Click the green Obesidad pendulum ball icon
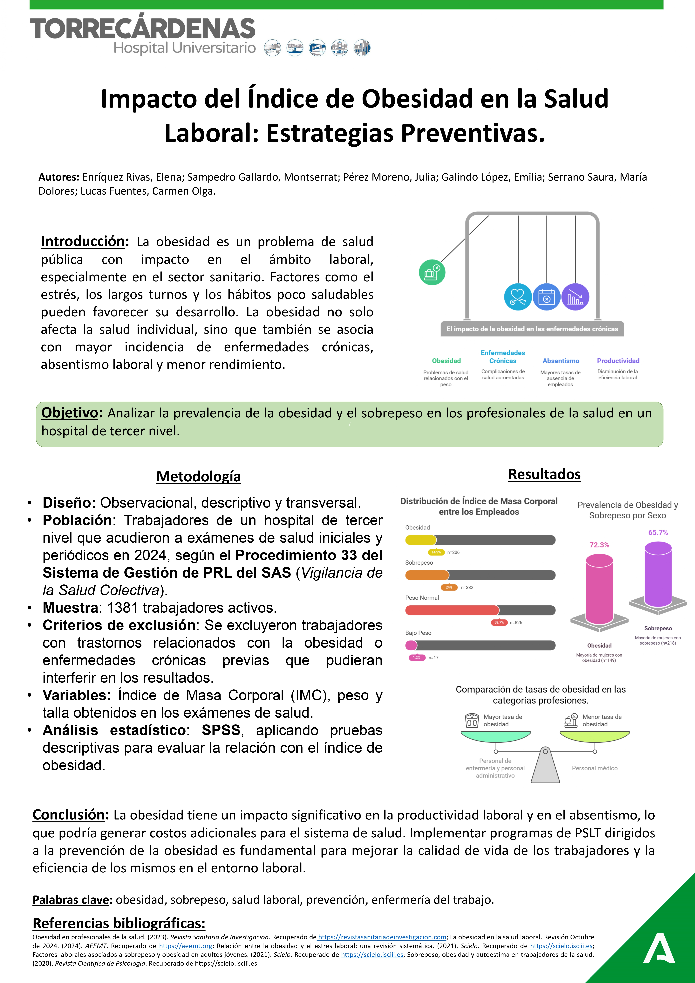click(x=432, y=272)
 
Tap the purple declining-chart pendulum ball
click(x=575, y=297)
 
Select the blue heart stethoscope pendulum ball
click(x=518, y=297)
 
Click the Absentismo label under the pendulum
click(x=561, y=361)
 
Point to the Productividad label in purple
click(x=618, y=361)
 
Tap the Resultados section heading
click(x=544, y=474)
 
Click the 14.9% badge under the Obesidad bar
click(x=436, y=552)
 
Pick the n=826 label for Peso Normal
click(x=516, y=623)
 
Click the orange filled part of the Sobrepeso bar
click(x=427, y=575)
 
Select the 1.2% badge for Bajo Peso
click(x=416, y=658)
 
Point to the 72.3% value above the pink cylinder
click(x=599, y=545)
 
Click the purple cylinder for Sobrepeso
click(x=658, y=574)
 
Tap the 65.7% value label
click(x=658, y=533)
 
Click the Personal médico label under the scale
click(x=594, y=768)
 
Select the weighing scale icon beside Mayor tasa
click(x=472, y=720)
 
